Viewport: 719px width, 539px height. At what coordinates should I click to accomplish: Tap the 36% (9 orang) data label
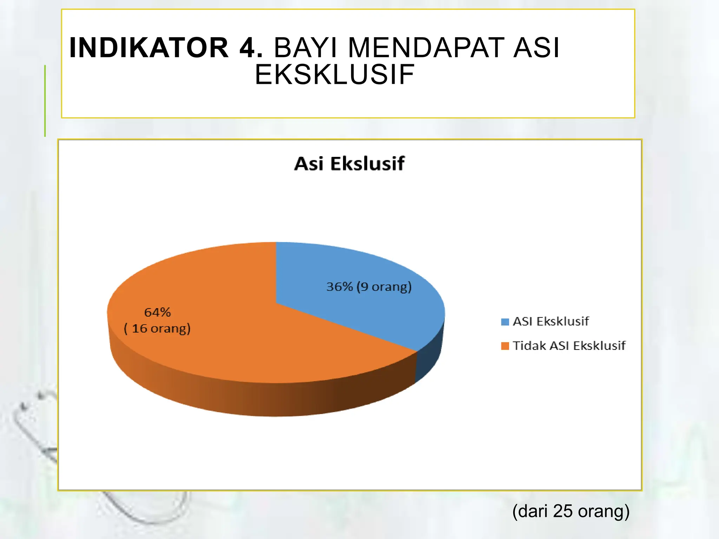click(x=369, y=287)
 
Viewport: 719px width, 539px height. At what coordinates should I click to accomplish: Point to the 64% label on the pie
click(x=157, y=312)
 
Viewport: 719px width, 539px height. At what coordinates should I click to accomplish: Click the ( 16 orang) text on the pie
click(x=157, y=328)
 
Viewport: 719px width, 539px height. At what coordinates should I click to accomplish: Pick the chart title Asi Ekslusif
click(x=349, y=164)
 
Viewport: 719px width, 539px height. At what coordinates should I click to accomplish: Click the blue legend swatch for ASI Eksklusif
click(x=505, y=322)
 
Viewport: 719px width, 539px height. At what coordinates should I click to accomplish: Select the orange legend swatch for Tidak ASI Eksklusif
click(x=505, y=346)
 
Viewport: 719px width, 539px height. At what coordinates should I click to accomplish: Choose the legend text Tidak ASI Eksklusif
click(x=569, y=346)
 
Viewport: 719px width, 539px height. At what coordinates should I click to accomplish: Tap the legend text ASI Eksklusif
click(x=550, y=321)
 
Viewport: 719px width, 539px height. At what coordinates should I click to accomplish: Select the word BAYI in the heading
click(x=305, y=48)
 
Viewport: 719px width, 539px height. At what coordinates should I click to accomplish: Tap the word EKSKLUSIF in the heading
click(x=334, y=74)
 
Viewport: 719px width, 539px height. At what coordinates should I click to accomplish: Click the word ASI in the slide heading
click(x=536, y=48)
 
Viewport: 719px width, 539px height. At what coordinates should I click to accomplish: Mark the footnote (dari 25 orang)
click(x=571, y=511)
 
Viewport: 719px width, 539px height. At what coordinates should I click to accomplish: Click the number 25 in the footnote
click(x=562, y=511)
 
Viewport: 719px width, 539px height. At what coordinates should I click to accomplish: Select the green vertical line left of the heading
click(x=45, y=101)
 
